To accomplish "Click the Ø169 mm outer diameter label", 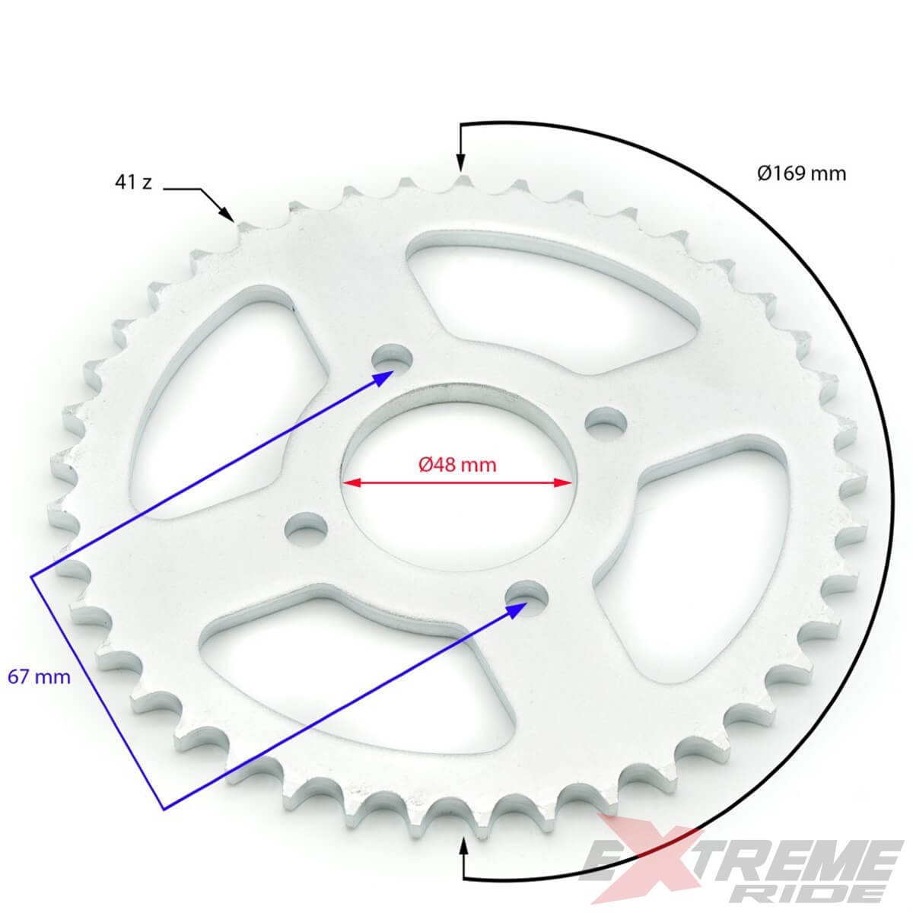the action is [x=801, y=173].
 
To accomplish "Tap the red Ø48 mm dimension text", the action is [x=457, y=465].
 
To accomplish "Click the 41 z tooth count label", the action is [x=133, y=182].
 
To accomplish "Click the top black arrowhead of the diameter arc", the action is [x=460, y=163].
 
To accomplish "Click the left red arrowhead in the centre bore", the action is [x=352, y=483].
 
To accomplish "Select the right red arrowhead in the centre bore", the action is [x=563, y=483].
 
